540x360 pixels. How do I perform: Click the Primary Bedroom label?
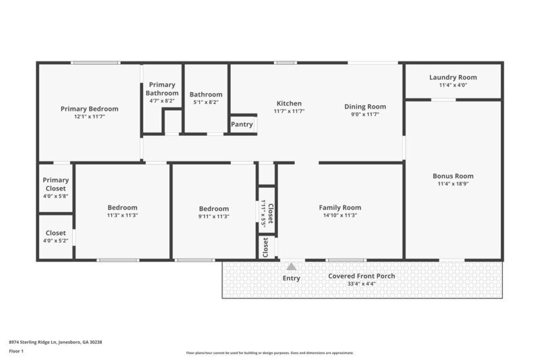tap(89, 108)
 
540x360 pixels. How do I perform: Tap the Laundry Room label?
tap(453, 77)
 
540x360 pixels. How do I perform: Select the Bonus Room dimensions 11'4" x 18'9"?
tap(453, 184)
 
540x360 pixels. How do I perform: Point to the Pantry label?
tap(242, 124)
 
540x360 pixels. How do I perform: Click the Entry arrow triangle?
tap(291, 266)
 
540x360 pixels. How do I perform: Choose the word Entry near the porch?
tap(291, 278)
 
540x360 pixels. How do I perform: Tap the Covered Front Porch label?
tap(362, 276)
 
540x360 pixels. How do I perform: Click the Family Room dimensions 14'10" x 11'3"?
tap(340, 216)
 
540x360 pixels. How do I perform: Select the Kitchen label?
tap(289, 103)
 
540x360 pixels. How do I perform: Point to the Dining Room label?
tap(365, 106)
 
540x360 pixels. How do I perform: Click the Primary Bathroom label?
tap(162, 88)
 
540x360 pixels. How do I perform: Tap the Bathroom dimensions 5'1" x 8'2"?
tap(206, 103)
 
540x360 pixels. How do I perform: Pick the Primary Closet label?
tap(55, 184)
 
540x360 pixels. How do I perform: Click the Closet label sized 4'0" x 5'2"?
tap(55, 232)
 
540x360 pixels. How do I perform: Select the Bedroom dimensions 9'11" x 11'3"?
tap(213, 217)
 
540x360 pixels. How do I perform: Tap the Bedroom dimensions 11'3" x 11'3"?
tap(122, 216)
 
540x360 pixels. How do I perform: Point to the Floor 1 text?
tap(17, 351)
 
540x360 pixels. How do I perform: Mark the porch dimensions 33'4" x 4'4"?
tap(362, 284)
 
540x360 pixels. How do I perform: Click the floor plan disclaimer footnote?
tap(269, 353)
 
